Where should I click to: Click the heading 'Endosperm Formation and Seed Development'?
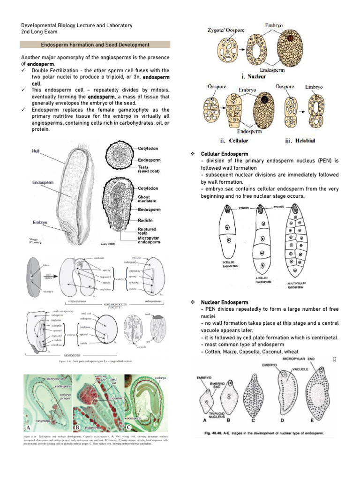coord(96,45)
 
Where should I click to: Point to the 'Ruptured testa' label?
coord(148,232)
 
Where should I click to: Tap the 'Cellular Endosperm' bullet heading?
coord(225,154)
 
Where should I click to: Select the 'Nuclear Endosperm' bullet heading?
coord(225,302)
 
